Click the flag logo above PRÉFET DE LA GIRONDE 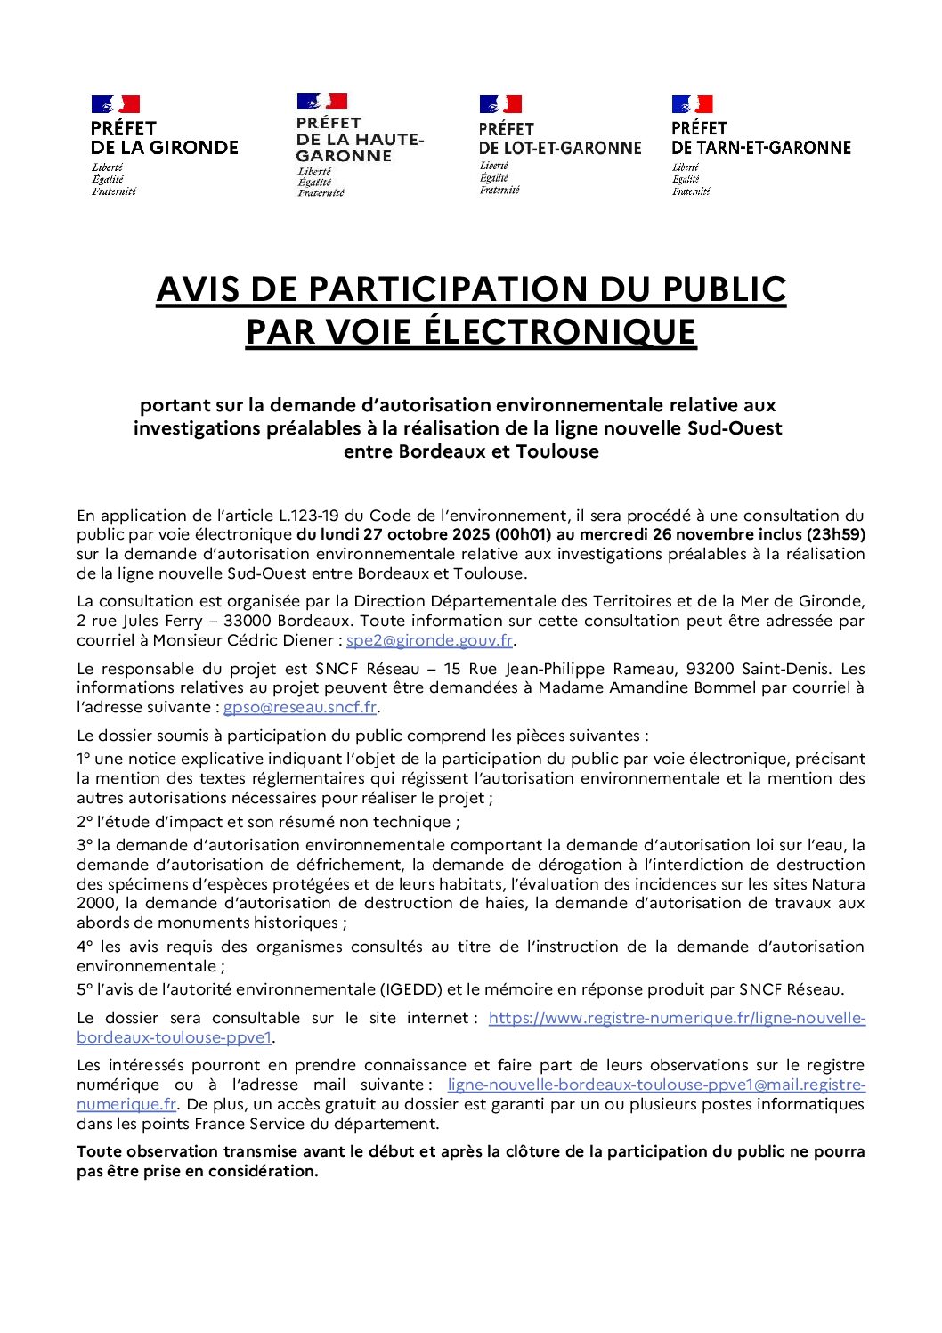115,104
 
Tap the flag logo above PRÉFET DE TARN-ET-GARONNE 692,104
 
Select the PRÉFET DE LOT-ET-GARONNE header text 559,139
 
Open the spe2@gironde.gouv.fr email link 429,640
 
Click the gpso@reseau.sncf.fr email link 300,707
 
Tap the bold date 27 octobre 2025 418,534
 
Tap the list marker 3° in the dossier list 85,845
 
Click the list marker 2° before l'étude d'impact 85,822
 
